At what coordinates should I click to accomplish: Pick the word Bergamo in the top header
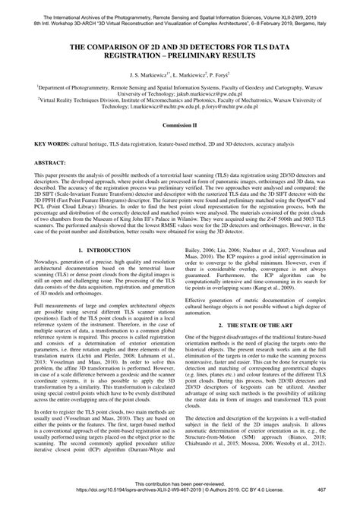[311, 13]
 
